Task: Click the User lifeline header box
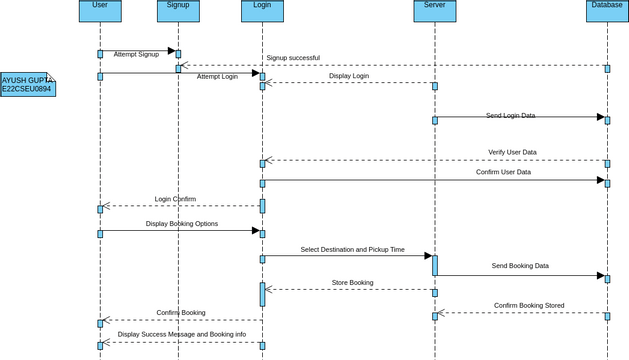100,10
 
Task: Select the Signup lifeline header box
178,10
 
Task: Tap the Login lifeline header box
262,10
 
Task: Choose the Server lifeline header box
434,10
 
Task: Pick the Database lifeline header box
607,10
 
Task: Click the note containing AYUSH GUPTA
27,84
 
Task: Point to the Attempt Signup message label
136,54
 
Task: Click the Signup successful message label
293,58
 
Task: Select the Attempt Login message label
217,76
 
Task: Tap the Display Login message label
349,76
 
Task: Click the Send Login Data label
510,116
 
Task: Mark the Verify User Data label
512,152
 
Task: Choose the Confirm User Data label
503,172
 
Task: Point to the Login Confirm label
175,199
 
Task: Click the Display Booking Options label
182,224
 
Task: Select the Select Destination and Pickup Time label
352,250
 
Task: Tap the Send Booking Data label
520,266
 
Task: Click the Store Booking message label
352,283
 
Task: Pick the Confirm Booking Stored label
529,306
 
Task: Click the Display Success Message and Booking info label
182,335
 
